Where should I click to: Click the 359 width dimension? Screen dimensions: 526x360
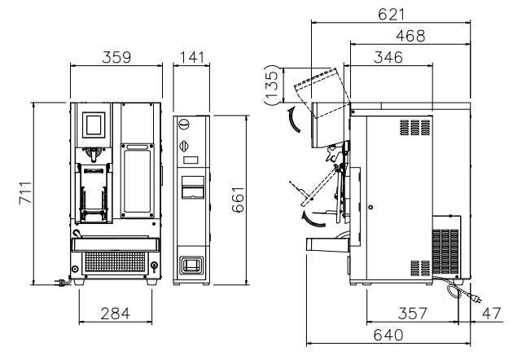point(116,57)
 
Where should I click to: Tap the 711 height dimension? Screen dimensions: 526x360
point(25,192)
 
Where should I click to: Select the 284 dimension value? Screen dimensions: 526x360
point(115,314)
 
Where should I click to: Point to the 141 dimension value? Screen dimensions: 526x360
point(191,57)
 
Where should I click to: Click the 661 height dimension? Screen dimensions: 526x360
point(238,200)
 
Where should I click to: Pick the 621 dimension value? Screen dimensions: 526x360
point(392,15)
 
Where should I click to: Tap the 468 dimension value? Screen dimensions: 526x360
point(410,36)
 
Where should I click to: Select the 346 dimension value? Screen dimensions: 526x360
point(388,57)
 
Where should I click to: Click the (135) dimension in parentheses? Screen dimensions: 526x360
point(271,85)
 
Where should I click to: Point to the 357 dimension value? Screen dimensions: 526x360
point(413,314)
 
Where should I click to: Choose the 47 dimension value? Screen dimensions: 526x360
point(492,314)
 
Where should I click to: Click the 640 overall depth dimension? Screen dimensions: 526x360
point(388,335)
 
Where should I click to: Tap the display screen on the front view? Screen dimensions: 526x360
point(94,125)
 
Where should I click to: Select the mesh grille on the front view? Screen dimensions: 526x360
point(115,262)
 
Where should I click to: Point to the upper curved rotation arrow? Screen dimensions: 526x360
point(294,120)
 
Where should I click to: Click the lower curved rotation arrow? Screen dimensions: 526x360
point(313,219)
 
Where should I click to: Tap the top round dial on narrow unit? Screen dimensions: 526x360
point(184,124)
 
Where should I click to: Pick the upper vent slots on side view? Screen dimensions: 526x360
point(414,128)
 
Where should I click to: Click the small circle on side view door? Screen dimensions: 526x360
point(370,208)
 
